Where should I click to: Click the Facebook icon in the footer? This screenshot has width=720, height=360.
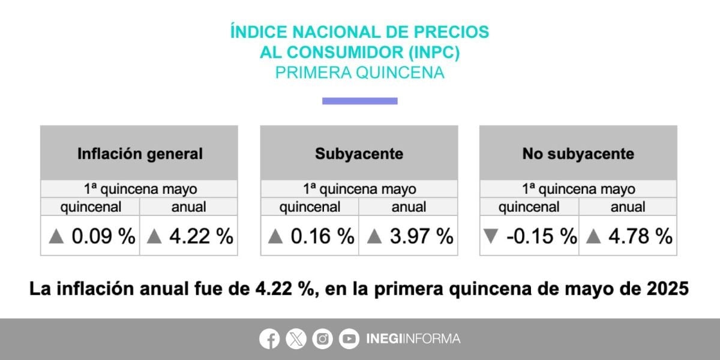coord(269,339)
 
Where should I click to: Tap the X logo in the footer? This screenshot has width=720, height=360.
coord(296,339)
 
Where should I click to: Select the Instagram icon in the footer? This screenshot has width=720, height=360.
coord(323,339)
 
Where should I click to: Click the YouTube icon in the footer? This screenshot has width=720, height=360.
coord(349,339)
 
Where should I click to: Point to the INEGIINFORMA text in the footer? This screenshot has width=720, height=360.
coord(413,339)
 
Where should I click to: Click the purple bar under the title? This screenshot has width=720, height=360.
coord(359,101)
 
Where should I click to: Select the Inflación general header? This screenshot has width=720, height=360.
coord(139,154)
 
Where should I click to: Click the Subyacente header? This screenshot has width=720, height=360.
coord(359,154)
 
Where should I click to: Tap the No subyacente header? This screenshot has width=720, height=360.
coord(578,154)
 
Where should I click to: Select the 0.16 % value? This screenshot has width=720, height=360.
coord(322,236)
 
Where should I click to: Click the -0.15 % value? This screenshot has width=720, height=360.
coord(541,236)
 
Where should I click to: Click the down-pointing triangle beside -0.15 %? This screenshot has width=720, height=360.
coord(490,237)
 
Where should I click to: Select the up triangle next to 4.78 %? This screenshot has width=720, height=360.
coord(593,237)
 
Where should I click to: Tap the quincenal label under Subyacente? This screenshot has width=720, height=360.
coord(310,208)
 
